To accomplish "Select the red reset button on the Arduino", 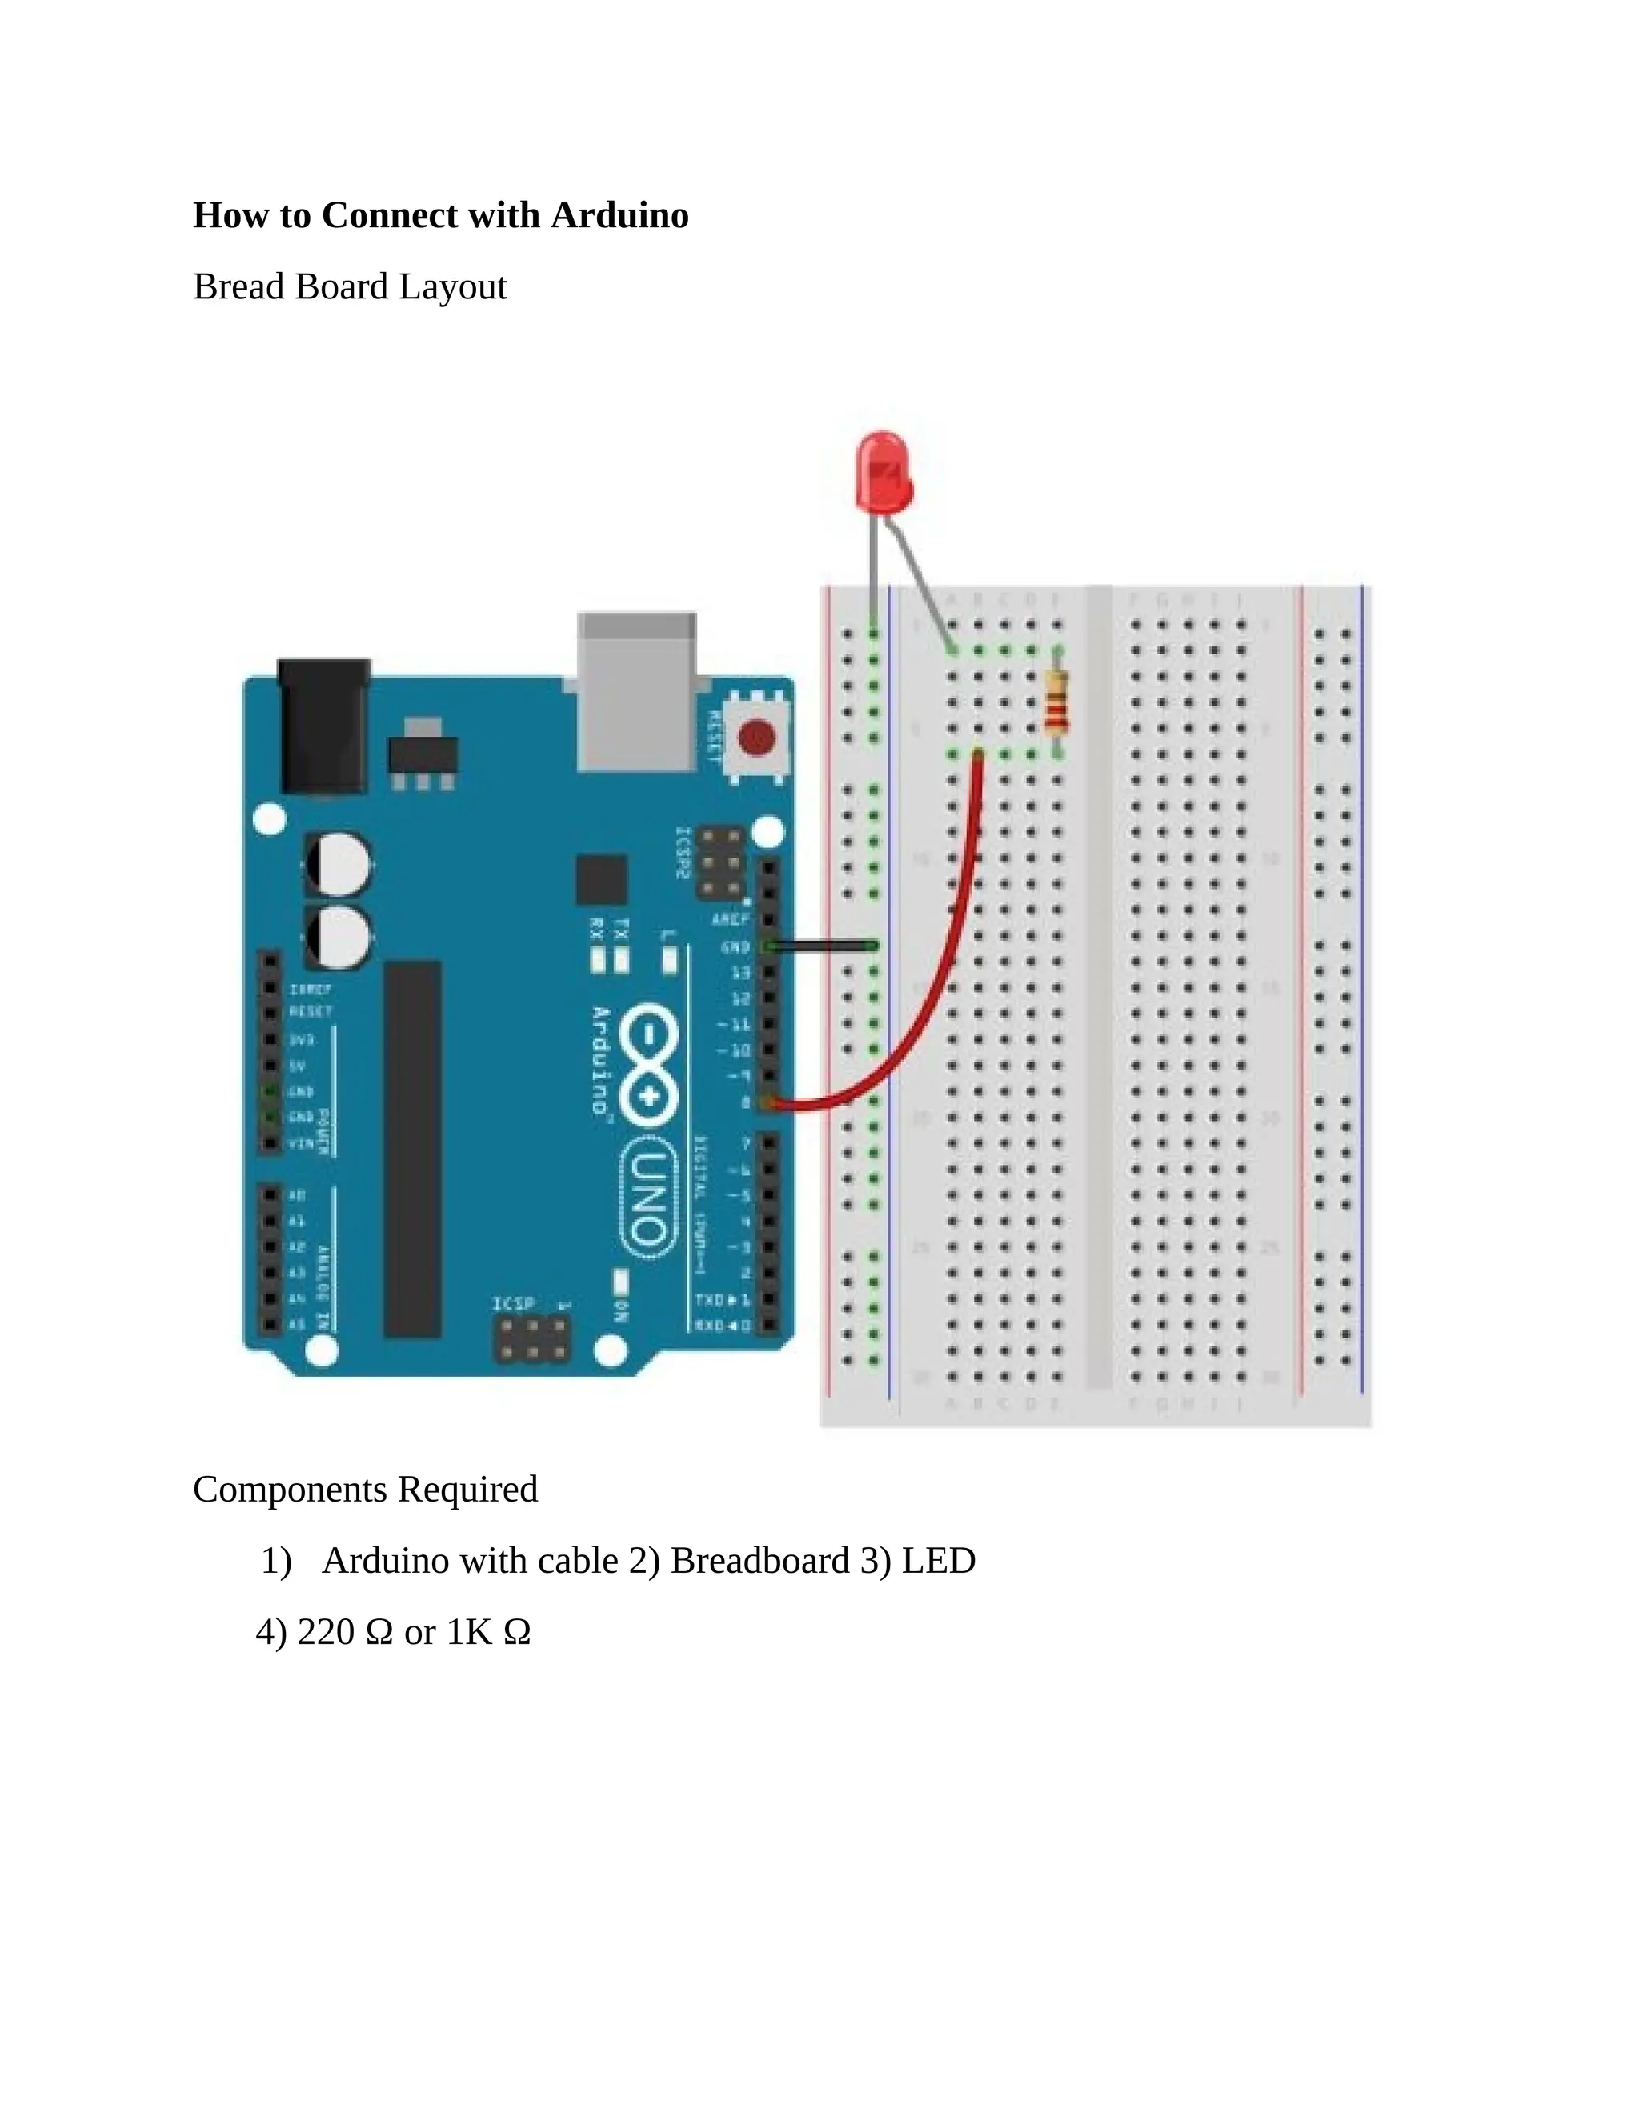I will [x=756, y=738].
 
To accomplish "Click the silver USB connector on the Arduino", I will [x=637, y=691].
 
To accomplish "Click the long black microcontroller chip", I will [x=413, y=1150].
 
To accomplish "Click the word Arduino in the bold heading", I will [x=619, y=215].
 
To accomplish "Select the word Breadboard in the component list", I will [x=760, y=1561].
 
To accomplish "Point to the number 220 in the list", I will [x=325, y=1633].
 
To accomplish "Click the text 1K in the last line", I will [x=469, y=1633].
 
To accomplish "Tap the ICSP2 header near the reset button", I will [x=720, y=863].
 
